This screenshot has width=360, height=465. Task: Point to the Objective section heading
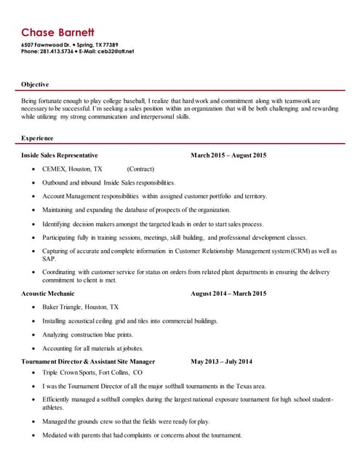[x=36, y=84]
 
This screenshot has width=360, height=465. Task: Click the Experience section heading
[x=38, y=137]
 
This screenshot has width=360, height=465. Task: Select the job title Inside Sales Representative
[x=60, y=155]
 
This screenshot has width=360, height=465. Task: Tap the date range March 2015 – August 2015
[x=228, y=155]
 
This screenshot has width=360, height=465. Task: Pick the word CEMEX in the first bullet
[x=54, y=169]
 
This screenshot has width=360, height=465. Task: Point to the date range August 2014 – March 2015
[x=228, y=294]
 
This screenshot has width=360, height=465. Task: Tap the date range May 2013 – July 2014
[x=221, y=361]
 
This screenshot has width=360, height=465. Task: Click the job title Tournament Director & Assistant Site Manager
[x=88, y=361]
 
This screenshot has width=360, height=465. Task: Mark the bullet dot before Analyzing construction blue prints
[x=33, y=334]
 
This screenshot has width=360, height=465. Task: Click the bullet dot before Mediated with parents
[x=33, y=434]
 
